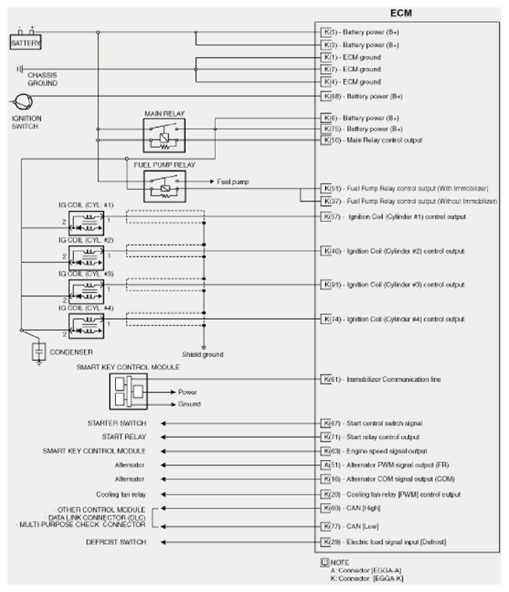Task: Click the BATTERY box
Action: coord(25,42)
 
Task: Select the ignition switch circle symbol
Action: coord(23,102)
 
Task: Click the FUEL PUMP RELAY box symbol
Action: coord(166,185)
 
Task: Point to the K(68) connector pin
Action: coord(329,97)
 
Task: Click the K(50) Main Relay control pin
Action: coord(329,139)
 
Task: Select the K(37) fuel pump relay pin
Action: coord(329,202)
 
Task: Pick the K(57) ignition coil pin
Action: coord(329,217)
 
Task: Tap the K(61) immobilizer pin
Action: coord(329,380)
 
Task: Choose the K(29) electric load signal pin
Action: coord(329,542)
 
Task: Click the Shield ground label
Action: coord(203,354)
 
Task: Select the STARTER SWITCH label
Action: coord(117,423)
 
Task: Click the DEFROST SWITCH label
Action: coord(117,542)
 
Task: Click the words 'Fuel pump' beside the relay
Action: coord(232,181)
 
